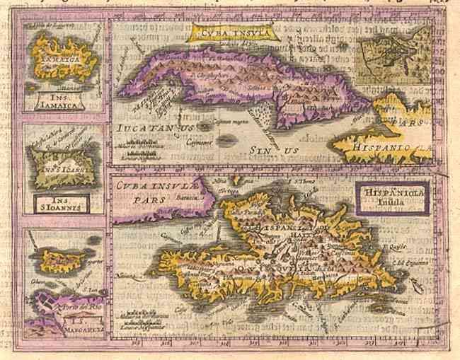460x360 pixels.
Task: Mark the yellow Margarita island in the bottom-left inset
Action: [60, 262]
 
